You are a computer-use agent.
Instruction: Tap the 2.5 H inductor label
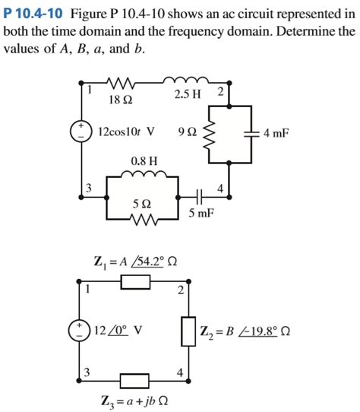(187, 94)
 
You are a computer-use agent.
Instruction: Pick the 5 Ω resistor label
(141, 204)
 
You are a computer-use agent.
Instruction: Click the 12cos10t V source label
(127, 132)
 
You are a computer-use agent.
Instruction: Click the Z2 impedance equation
(245, 332)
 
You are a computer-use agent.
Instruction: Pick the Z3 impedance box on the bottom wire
(134, 378)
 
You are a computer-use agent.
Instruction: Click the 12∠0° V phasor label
(118, 331)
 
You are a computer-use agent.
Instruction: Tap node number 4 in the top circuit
(220, 187)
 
